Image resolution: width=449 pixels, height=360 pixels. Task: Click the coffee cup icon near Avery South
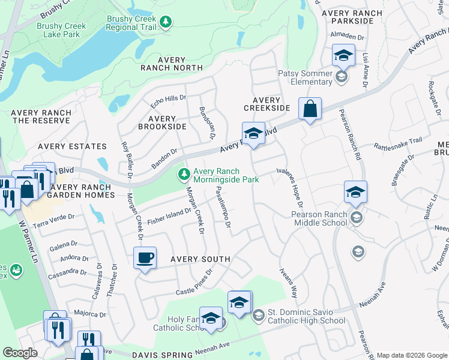pyautogui.click(x=145, y=259)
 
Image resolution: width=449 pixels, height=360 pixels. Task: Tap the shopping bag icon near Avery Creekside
pyautogui.click(x=310, y=109)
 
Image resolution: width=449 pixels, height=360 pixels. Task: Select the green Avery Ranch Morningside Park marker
pyautogui.click(x=184, y=175)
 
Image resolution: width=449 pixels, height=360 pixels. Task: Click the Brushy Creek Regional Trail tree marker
pyautogui.click(x=166, y=23)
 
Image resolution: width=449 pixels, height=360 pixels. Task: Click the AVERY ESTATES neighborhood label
pyautogui.click(x=72, y=146)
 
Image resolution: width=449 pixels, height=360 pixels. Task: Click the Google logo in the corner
pyautogui.click(x=20, y=353)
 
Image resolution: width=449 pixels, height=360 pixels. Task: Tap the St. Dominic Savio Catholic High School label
pyautogui.click(x=306, y=316)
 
